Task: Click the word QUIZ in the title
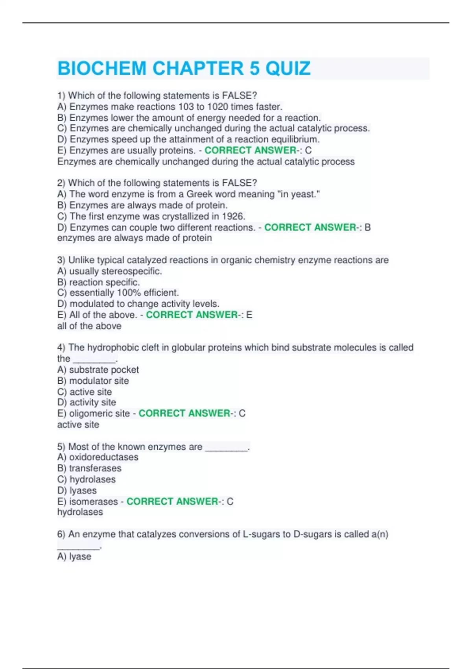tap(288, 68)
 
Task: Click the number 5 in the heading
tap(254, 68)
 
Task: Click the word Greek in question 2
tap(199, 194)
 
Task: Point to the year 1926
tap(234, 216)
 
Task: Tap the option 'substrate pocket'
tap(104, 370)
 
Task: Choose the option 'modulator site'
tap(99, 381)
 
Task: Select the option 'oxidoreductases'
tap(103, 457)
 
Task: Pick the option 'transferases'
tap(95, 468)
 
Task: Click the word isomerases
tap(94, 501)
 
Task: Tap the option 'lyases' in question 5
tap(83, 490)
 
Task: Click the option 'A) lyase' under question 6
tap(74, 556)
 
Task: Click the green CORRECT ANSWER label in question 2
tap(310, 227)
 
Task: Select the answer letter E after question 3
tap(249, 315)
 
